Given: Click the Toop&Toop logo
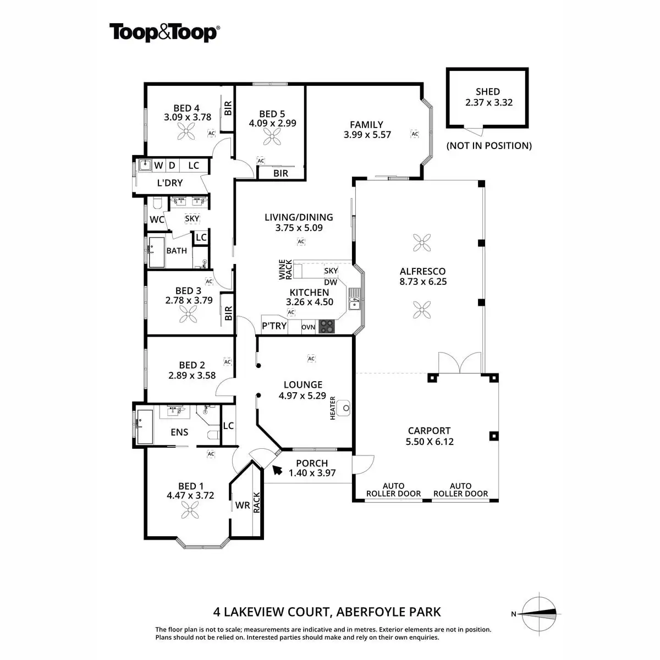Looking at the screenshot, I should coord(164,32).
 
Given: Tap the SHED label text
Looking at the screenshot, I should coord(487,92).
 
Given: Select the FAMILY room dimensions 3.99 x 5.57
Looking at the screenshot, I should coord(367,134).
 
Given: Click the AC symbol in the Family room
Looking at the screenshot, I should coord(415,134).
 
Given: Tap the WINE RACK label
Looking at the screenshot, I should coord(285,269).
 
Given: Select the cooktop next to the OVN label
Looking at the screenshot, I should coord(327,326).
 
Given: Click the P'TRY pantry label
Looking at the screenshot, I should coord(274,326).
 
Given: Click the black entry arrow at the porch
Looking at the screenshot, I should coord(277,469).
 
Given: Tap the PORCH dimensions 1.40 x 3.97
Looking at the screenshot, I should coord(312,473).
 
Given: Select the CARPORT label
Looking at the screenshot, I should coord(429,431).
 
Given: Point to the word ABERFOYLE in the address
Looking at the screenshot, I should coord(372,612).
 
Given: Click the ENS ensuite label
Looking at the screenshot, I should coord(179,432).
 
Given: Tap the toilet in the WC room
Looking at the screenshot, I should coord(157,205).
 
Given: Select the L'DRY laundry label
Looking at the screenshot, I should coord(169,183).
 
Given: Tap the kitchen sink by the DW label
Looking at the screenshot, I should coord(354,302).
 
